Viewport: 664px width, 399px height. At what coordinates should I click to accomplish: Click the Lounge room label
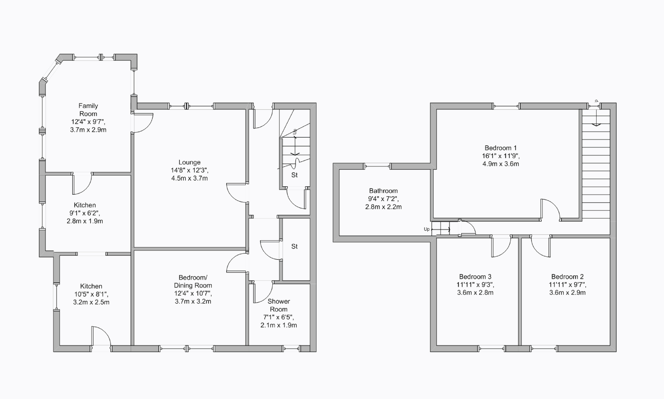[x=189, y=162]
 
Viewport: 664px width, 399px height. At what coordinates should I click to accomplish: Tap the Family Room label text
[x=88, y=110]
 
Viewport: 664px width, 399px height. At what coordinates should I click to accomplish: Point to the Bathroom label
[x=383, y=191]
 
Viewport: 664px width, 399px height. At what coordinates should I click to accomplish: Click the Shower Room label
[x=278, y=305]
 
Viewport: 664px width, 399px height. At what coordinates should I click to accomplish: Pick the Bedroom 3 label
[x=475, y=277]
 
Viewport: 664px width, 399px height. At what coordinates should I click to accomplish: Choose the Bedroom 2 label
[x=567, y=277]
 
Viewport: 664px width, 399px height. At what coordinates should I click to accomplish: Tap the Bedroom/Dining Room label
[x=193, y=281]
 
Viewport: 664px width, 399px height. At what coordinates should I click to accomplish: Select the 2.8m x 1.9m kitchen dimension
[x=85, y=221]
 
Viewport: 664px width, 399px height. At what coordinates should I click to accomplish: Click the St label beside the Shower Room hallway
[x=294, y=246]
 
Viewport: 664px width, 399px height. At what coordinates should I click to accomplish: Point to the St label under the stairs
[x=294, y=175]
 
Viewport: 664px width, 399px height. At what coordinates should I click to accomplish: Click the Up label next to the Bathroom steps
[x=426, y=229]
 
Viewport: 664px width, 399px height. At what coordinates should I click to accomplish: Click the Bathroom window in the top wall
[x=377, y=166]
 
